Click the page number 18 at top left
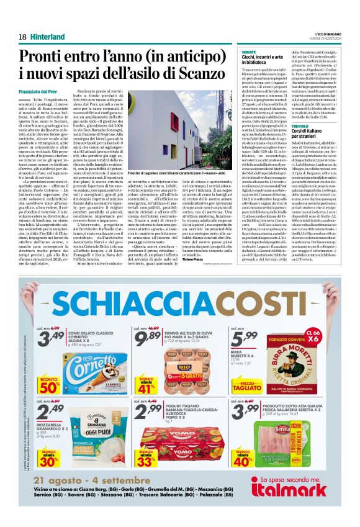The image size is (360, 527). coord(22,37)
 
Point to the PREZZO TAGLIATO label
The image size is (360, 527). coord(247,385)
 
